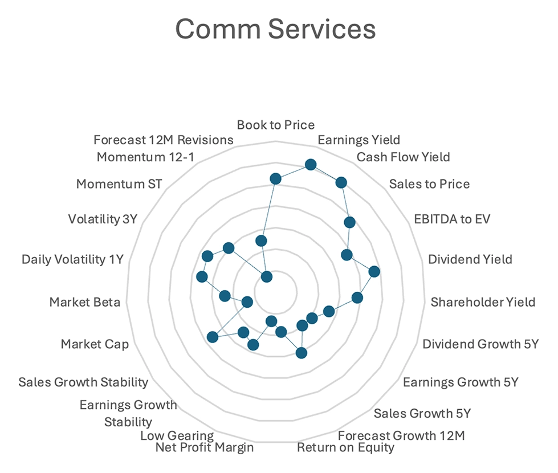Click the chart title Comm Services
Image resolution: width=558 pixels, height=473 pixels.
click(275, 28)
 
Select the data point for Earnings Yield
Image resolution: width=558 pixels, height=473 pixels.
click(311, 165)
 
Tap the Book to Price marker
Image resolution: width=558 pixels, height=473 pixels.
click(276, 180)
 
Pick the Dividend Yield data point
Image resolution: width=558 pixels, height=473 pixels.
click(374, 271)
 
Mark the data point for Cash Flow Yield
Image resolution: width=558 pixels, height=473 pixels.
click(341, 182)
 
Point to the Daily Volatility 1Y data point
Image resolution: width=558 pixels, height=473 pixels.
click(201, 276)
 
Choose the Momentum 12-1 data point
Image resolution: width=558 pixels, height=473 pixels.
click(261, 240)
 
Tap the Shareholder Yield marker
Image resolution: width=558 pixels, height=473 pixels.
click(357, 297)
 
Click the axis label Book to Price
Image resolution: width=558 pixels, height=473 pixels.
click(276, 125)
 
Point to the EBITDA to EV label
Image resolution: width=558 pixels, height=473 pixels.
click(452, 219)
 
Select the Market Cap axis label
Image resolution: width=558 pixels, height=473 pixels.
click(95, 344)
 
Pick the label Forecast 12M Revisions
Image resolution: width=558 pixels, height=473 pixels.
click(164, 140)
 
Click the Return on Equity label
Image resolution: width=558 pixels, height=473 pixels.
click(345, 447)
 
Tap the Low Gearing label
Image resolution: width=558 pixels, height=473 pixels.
click(177, 436)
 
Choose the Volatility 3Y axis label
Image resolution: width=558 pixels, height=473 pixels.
click(103, 219)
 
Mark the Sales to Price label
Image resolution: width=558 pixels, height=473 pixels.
click(429, 184)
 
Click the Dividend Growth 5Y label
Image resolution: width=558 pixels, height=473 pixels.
click(480, 344)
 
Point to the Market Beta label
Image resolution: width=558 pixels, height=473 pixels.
click(85, 302)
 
